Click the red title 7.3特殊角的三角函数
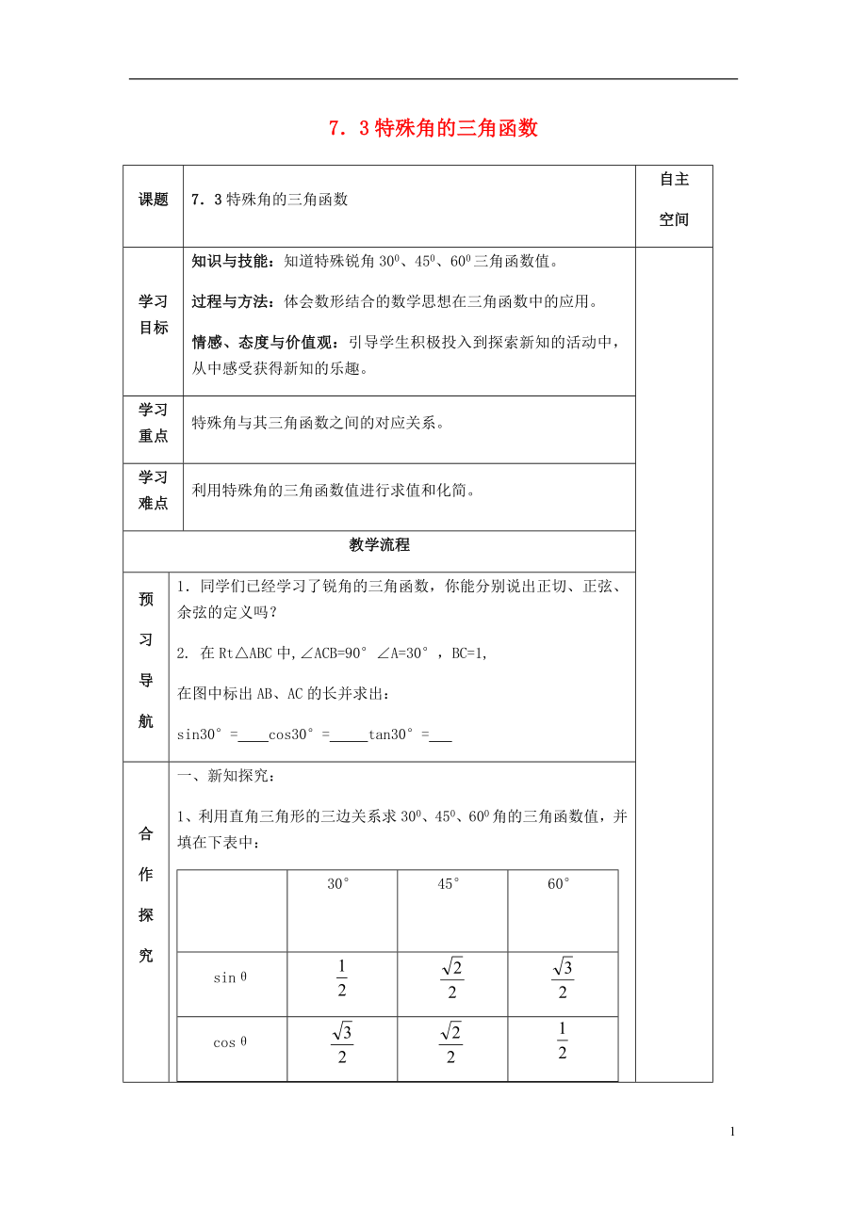(433, 129)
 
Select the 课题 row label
(154, 200)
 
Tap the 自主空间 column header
(674, 200)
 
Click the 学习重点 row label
(154, 423)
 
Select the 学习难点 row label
(154, 491)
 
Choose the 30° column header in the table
(339, 884)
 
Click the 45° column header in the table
(450, 884)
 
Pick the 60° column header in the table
(560, 884)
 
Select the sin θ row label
(230, 978)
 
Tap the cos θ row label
(230, 1042)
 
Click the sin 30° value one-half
(341, 978)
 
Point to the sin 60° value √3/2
(563, 978)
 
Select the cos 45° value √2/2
(450, 1042)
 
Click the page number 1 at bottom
(732, 1132)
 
